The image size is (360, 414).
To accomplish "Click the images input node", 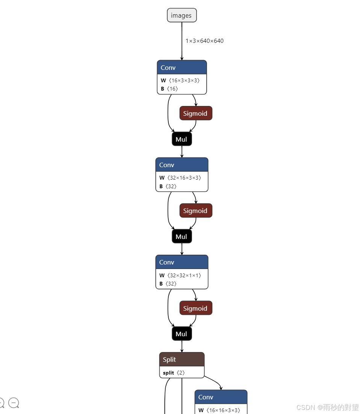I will (x=182, y=15).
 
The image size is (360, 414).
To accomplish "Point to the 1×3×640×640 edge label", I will (x=204, y=41).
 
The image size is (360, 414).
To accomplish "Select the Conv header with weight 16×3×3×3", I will (x=182, y=68).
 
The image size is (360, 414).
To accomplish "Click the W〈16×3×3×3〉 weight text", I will (x=180, y=80).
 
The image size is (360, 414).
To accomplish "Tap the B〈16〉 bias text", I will (x=169, y=89).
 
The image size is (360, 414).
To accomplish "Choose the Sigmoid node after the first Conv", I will (x=195, y=113).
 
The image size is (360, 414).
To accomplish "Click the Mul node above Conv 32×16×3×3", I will (x=182, y=139).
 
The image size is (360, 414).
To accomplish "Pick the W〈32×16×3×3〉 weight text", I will (x=180, y=178).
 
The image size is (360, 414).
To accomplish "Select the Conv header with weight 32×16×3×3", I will (x=182, y=165).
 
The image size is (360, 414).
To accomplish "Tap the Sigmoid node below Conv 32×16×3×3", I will (x=195, y=211).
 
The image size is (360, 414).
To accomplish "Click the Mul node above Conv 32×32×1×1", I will (x=182, y=237).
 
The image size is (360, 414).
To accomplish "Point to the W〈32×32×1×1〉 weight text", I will (x=180, y=275).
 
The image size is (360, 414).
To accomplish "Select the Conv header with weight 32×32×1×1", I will (x=182, y=262).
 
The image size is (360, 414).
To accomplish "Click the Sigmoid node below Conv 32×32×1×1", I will (x=195, y=308).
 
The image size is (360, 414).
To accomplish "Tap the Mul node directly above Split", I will (x=182, y=334).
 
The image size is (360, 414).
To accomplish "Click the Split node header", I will (x=182, y=360).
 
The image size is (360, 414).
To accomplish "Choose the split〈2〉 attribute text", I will (x=174, y=373).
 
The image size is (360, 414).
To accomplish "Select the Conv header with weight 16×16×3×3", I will (x=221, y=397).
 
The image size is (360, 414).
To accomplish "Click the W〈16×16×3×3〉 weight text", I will (x=219, y=410).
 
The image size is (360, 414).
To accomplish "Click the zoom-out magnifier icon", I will (x=14, y=403).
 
